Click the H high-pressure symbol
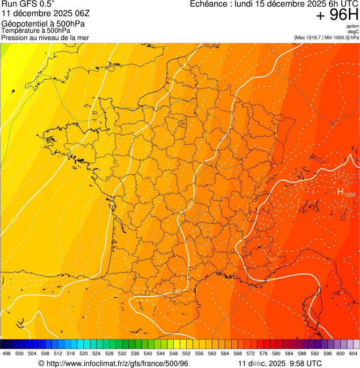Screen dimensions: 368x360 click(x=340, y=191)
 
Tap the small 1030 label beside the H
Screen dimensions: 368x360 click(x=349, y=194)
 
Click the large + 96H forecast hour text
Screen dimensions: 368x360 click(x=337, y=15)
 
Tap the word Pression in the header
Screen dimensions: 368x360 click(x=14, y=37)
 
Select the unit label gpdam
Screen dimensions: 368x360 click(x=353, y=26)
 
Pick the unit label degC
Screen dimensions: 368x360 click(x=353, y=32)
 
